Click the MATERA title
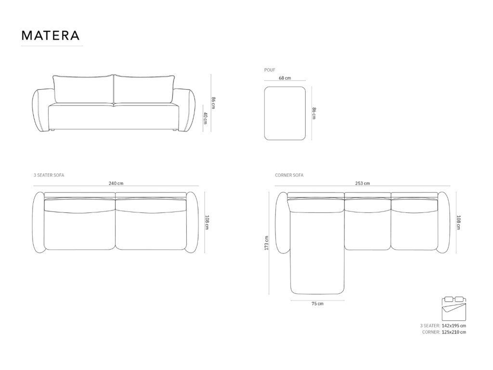coord(50,35)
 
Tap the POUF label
coord(270,70)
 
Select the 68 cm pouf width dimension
coord(285,78)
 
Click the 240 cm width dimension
coord(116,183)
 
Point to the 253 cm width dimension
coord(363,183)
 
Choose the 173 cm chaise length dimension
coord(266,243)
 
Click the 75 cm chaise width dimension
coord(318,304)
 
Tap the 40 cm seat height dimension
coord(205,118)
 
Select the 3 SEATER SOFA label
coord(49,175)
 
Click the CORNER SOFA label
coord(289,175)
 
